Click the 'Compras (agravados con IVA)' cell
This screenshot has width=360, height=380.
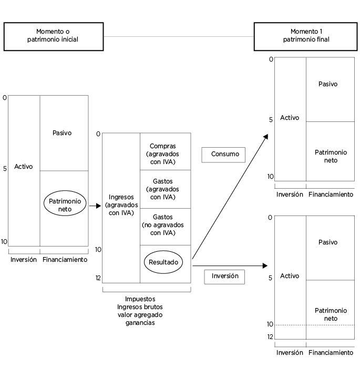click(x=165, y=151)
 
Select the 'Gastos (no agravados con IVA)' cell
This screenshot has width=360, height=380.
click(x=165, y=227)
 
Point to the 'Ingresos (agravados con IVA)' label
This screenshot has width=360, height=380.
click(x=121, y=205)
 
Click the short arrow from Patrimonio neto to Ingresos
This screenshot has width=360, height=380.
click(x=95, y=206)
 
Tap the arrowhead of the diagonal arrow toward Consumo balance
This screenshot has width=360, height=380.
click(x=266, y=137)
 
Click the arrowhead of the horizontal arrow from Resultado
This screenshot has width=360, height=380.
click(x=265, y=265)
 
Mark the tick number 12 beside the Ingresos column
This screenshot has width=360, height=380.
click(x=98, y=278)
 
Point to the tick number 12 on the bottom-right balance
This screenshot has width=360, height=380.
click(x=270, y=336)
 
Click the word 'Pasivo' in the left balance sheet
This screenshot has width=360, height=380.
click(x=62, y=133)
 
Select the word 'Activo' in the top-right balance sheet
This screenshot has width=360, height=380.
click(x=290, y=118)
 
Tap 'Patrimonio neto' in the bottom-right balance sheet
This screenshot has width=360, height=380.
click(x=331, y=314)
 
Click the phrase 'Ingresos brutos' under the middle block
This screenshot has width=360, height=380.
click(x=140, y=307)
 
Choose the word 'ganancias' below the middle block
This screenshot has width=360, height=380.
click(x=140, y=323)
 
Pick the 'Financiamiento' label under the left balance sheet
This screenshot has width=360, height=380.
click(x=65, y=260)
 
